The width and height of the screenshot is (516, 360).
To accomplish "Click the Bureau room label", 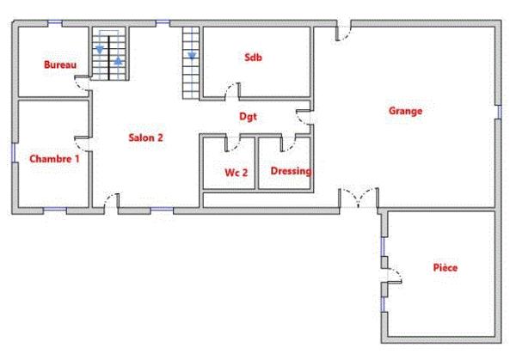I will pos(60,64).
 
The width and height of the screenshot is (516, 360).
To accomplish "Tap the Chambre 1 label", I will pos(54,159).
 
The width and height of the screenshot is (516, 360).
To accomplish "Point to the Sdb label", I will pos(253,58).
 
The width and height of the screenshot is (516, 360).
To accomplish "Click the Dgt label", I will pos(248,117).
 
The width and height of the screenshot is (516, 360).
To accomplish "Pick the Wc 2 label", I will pos(236,173).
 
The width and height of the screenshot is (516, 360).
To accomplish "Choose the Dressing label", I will pos(290,171).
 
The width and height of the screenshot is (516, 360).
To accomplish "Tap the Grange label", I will pos(405,110).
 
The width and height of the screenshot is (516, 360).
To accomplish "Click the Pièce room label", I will pos(445,268).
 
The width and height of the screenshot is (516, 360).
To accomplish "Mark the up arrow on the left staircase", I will pos(119,62).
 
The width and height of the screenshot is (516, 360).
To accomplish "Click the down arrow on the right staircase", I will pos(192,56).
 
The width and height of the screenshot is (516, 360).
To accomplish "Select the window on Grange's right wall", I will pos(498,111).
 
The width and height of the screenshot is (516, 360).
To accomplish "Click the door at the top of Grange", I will pos(342,33).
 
